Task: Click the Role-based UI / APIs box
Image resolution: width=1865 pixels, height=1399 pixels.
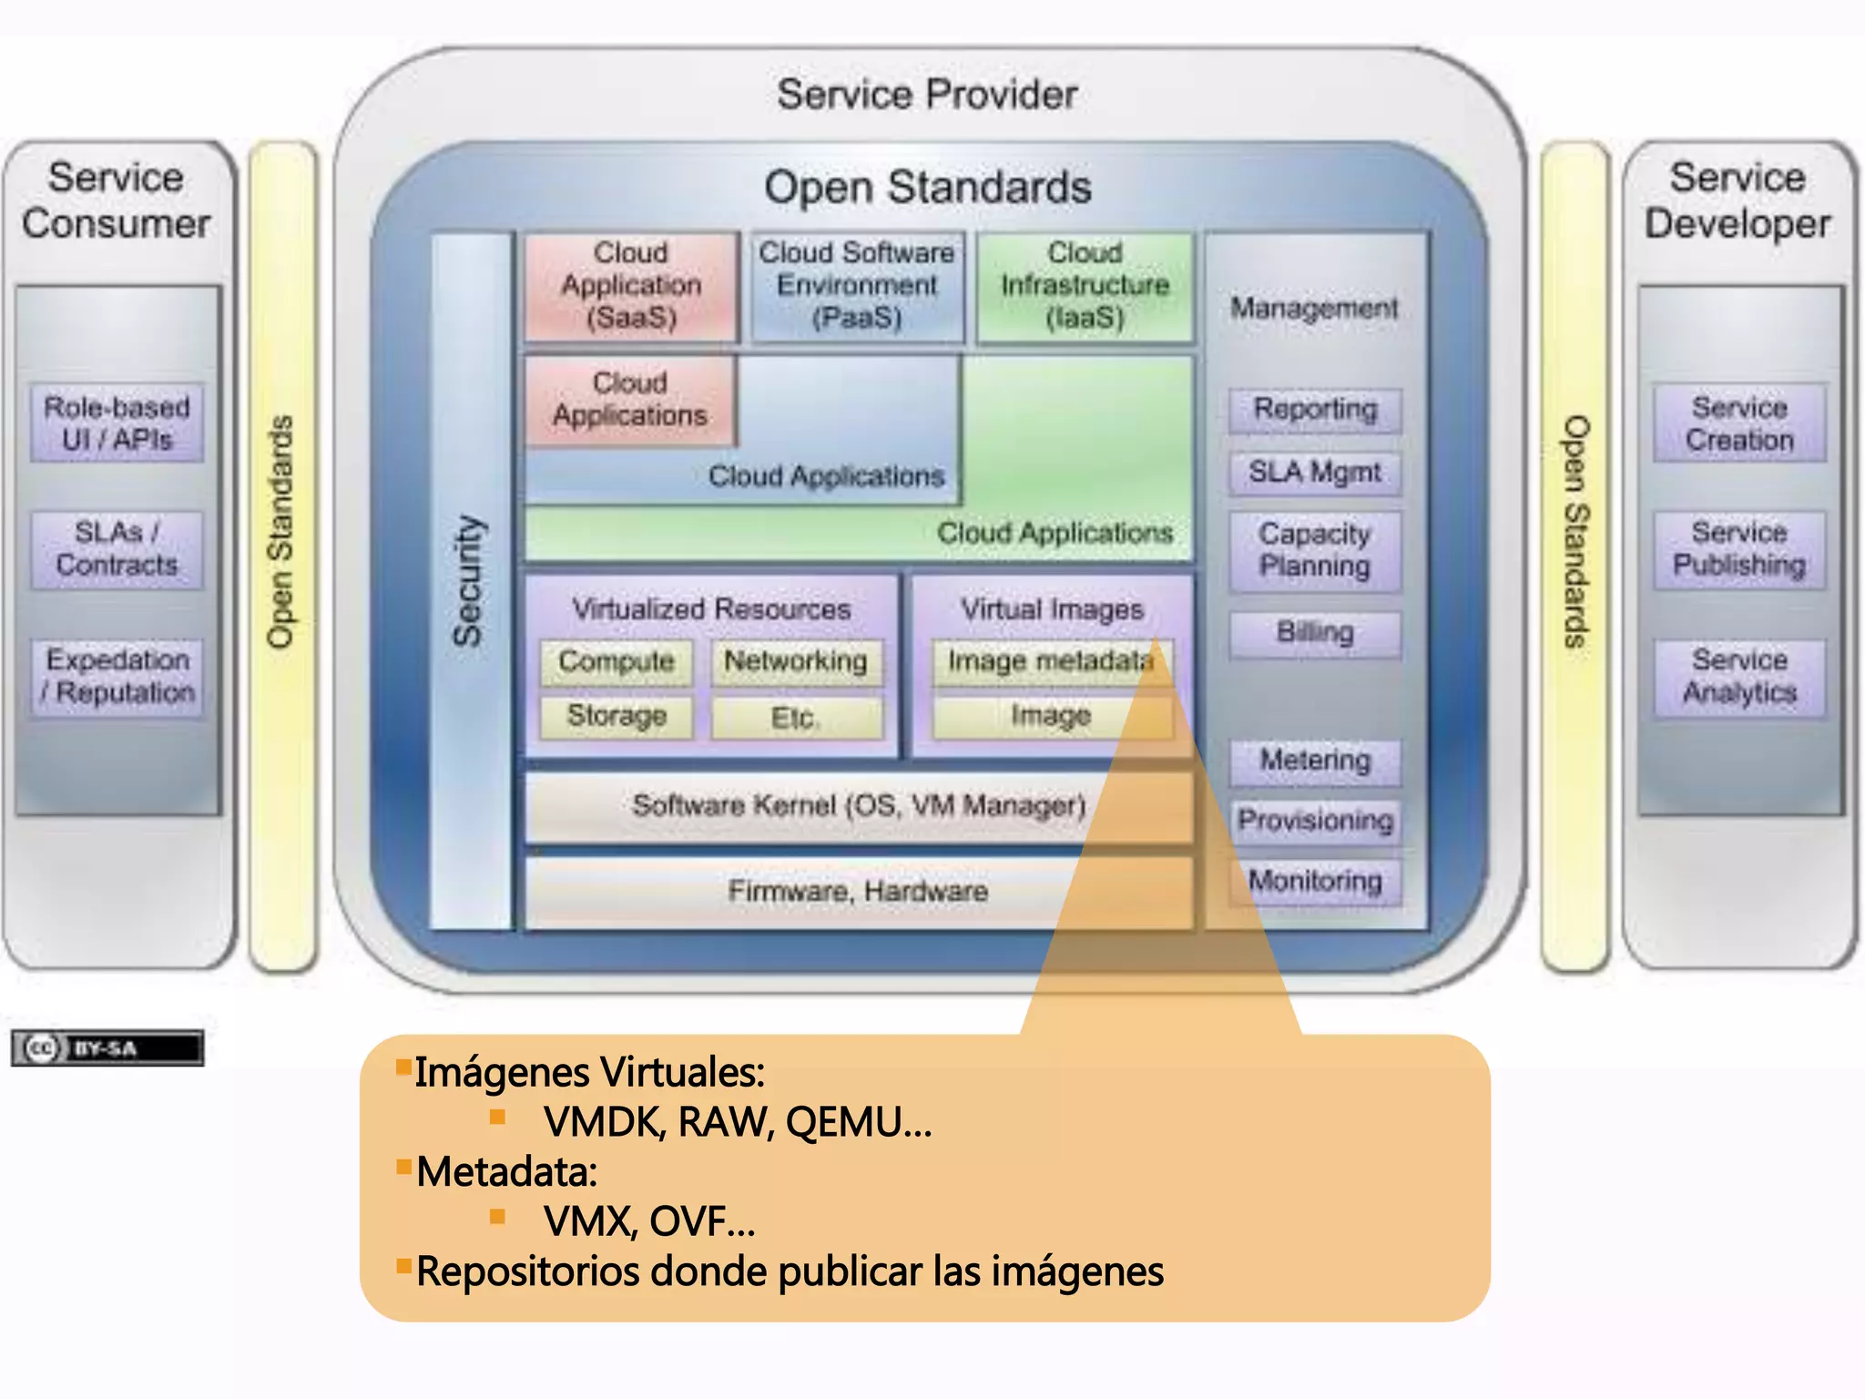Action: click(x=117, y=424)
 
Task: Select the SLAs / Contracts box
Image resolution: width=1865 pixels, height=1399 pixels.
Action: click(x=117, y=549)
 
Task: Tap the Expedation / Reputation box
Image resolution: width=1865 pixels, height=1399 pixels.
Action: click(x=117, y=677)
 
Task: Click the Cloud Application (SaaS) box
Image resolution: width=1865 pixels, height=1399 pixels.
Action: click(x=631, y=286)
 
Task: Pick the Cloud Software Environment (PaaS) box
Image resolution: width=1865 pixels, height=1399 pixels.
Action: click(x=857, y=286)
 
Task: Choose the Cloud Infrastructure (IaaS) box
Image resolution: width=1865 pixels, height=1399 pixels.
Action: click(x=1085, y=286)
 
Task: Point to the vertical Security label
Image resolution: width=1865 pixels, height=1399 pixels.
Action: click(x=469, y=581)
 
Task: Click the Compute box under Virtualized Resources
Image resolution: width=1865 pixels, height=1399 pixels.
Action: click(x=617, y=661)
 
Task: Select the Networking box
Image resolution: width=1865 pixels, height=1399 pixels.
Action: click(x=796, y=661)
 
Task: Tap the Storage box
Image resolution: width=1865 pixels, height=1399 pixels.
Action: click(x=617, y=716)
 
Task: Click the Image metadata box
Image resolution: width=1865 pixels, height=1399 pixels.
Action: click(x=1050, y=661)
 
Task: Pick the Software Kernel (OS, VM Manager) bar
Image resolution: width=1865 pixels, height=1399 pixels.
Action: click(x=859, y=806)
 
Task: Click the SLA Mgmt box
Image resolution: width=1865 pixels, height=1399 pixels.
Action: click(x=1314, y=473)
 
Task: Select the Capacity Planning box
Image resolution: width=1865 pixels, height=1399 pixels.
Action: click(x=1314, y=550)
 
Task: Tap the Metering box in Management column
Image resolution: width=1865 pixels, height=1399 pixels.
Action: click(x=1314, y=761)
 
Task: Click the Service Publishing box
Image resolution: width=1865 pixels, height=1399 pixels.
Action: click(x=1739, y=549)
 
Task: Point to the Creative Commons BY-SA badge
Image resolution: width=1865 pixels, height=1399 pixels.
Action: click(x=107, y=1048)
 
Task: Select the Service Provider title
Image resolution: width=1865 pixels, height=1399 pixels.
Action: click(x=927, y=95)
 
